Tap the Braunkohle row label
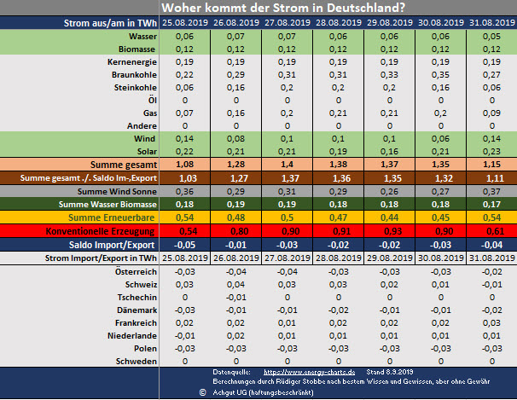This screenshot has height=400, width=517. (130, 75)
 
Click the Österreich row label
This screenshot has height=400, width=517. (132, 271)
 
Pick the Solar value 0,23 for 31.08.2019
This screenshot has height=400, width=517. (488, 150)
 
